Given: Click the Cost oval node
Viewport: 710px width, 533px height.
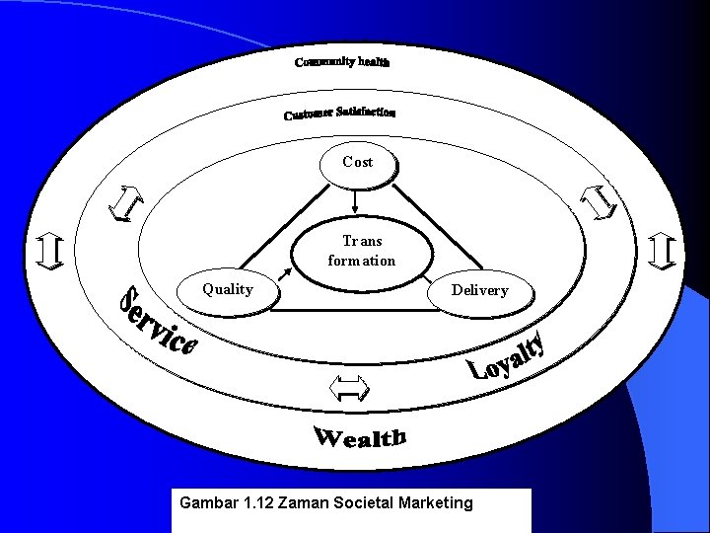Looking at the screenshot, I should click(x=357, y=162).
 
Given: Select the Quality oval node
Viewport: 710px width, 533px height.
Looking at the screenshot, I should click(x=228, y=290).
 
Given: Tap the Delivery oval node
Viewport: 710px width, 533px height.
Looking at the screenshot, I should click(x=479, y=290).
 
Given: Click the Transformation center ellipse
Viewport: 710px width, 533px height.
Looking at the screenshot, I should click(x=361, y=252).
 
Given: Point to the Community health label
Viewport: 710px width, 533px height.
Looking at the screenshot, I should click(x=342, y=62).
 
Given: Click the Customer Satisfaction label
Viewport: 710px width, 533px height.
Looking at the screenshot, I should click(x=340, y=114).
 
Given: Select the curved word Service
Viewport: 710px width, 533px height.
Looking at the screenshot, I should click(x=157, y=322).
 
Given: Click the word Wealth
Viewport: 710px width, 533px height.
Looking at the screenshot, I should click(x=360, y=436).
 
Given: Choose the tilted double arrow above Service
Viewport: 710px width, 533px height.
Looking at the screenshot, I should click(x=124, y=204).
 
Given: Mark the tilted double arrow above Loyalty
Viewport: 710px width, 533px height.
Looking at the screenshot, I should click(x=597, y=203).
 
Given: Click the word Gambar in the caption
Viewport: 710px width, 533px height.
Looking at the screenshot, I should click(x=208, y=503).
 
